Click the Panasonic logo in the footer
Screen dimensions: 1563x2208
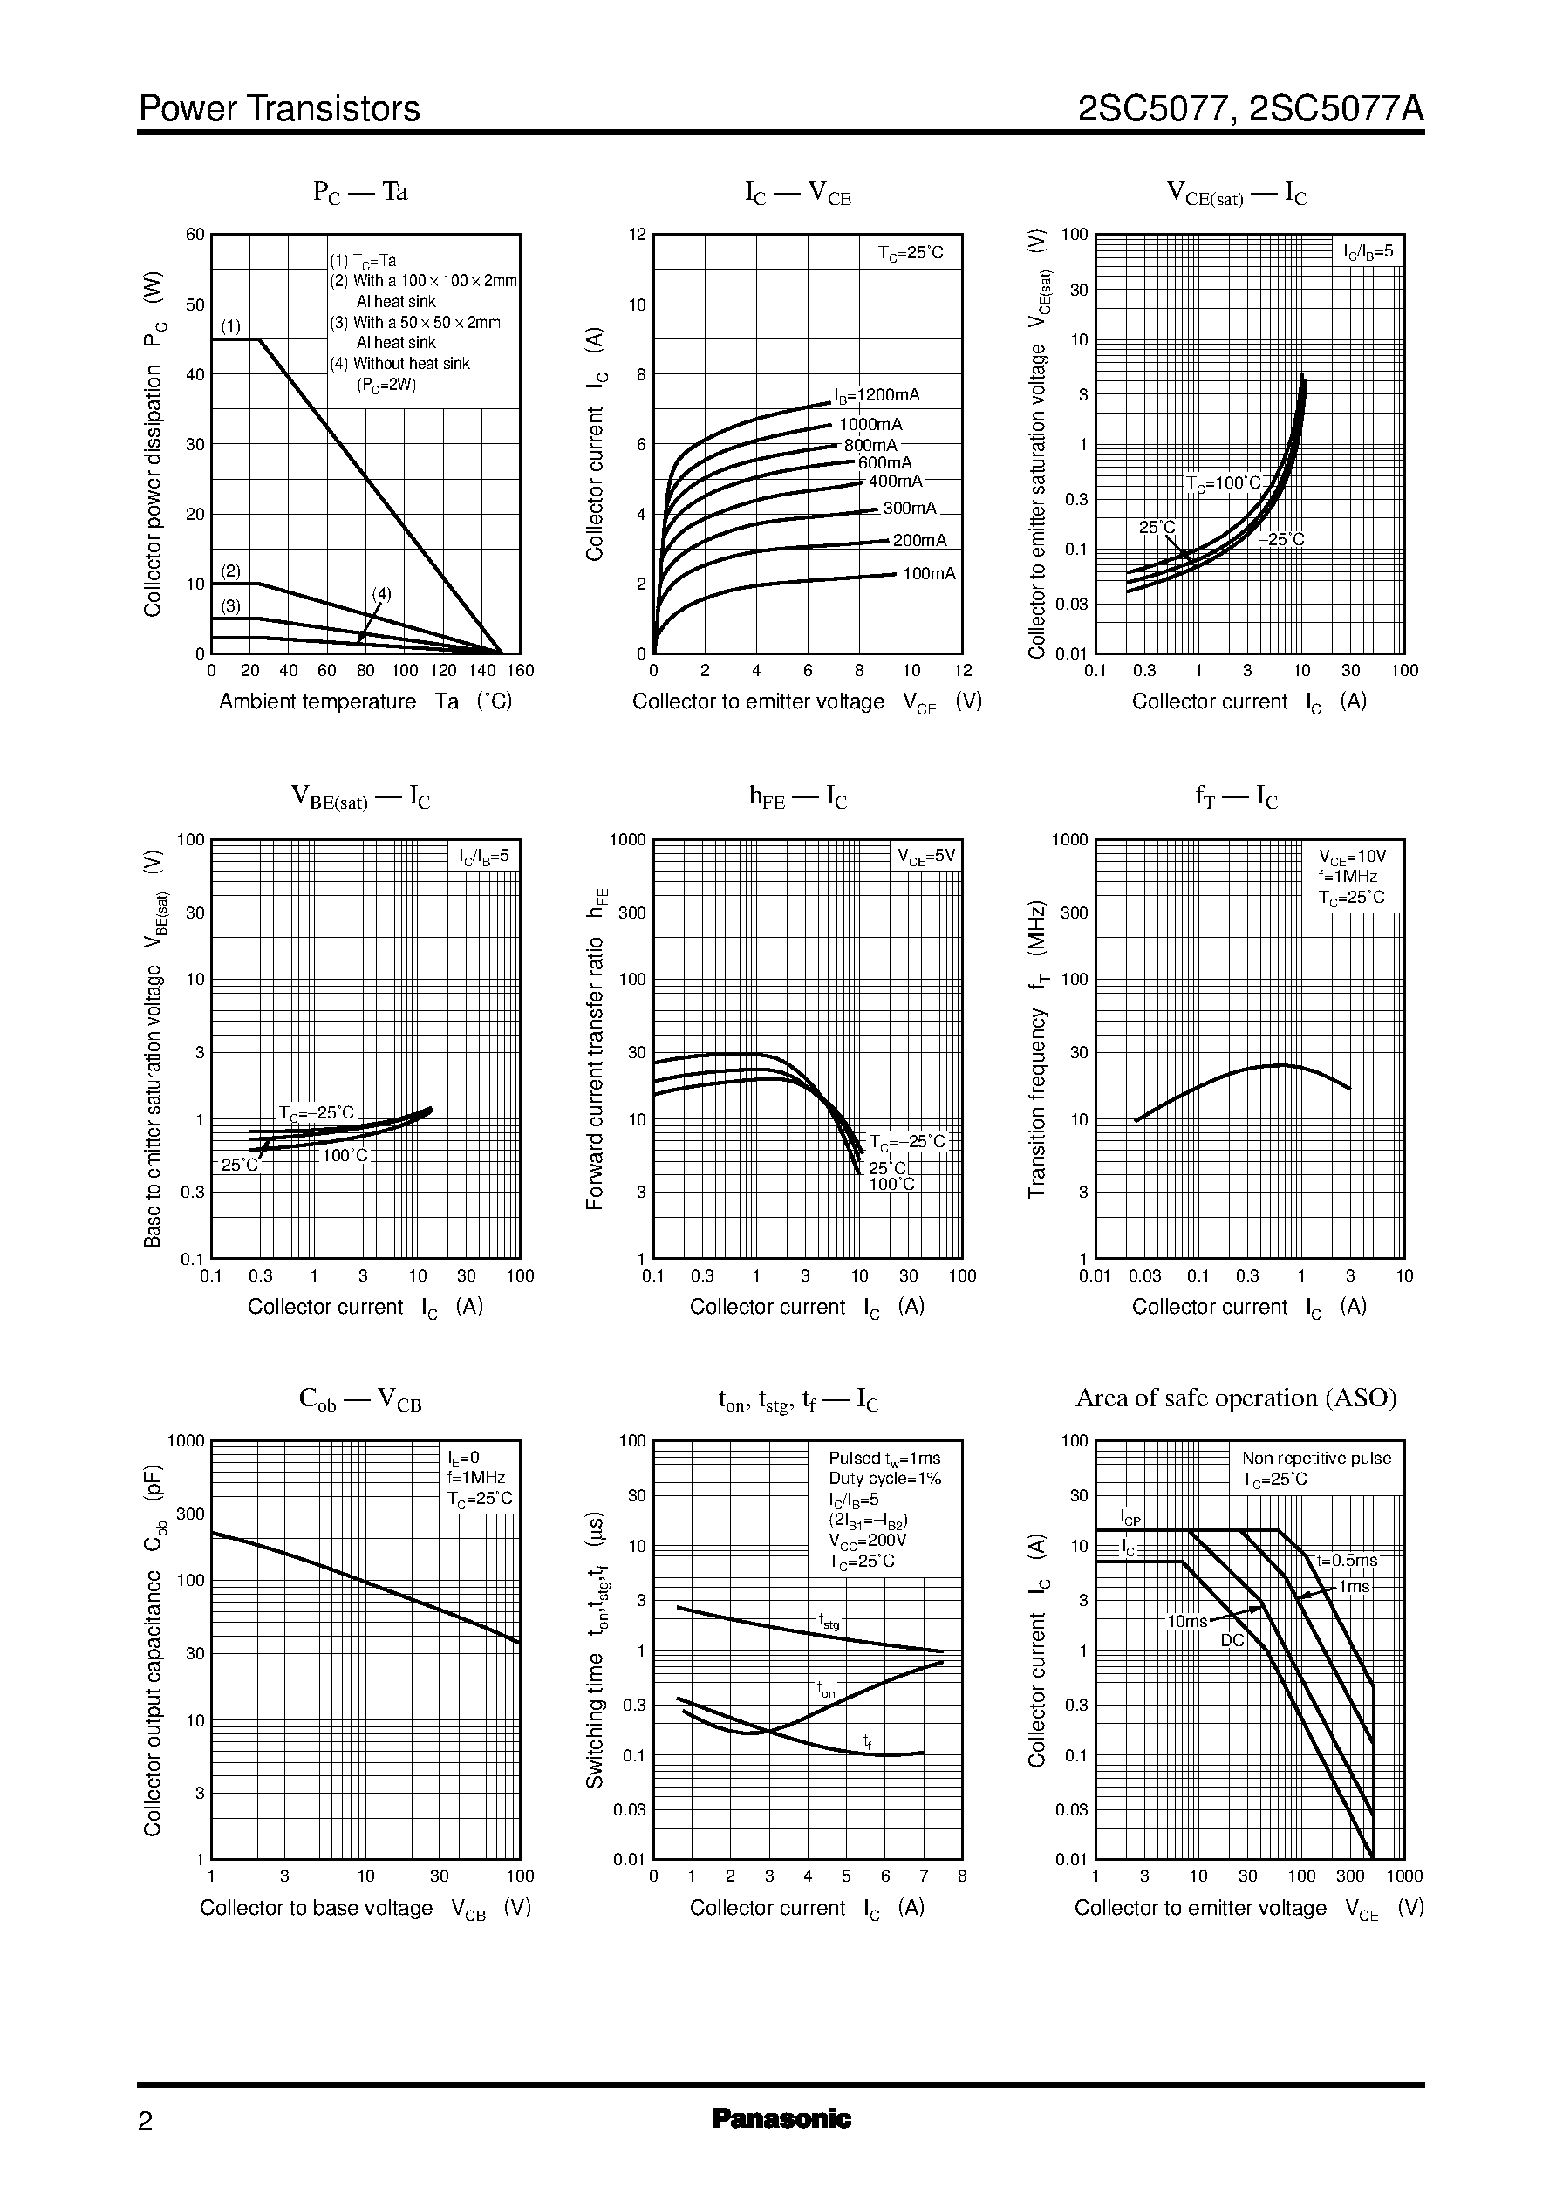coord(781,2118)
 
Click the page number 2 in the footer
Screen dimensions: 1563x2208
coord(146,2122)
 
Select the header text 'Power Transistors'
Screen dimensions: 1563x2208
coord(279,109)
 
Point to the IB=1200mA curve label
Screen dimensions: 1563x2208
coord(877,394)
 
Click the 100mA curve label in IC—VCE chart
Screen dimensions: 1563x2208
coord(930,574)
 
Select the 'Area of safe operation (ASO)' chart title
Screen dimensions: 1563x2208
coord(1236,1398)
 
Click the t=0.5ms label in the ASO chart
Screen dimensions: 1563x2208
coord(1348,1560)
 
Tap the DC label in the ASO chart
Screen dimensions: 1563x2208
coord(1233,1639)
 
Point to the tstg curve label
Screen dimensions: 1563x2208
coord(829,1622)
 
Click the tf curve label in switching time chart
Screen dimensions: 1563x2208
coord(867,1740)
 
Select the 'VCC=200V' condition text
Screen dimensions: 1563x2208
coord(868,1540)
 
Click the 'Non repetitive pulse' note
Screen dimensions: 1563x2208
coord(1317,1459)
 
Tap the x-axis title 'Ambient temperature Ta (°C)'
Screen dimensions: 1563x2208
coord(365,701)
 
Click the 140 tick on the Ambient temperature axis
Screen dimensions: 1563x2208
coord(482,671)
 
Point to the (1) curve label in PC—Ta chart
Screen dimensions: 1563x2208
coord(231,325)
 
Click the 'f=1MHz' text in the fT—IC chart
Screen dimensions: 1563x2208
coord(1348,877)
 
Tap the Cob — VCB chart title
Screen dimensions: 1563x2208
coord(361,1399)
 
